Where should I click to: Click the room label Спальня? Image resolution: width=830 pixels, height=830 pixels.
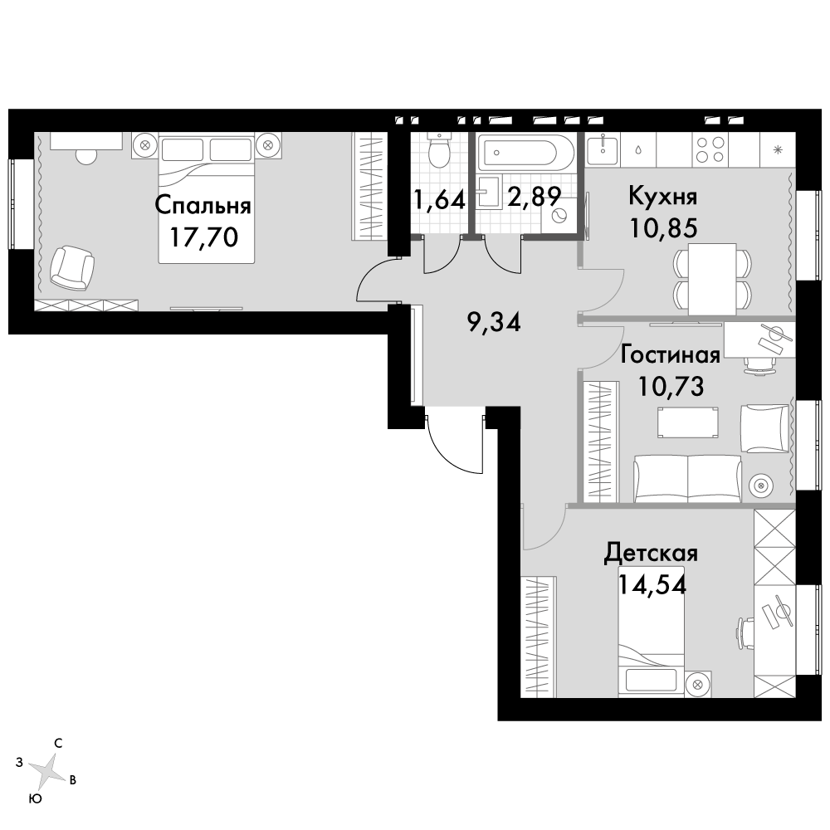(203, 205)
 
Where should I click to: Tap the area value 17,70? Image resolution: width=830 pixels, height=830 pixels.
(204, 237)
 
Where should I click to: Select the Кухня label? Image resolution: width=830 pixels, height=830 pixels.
(662, 197)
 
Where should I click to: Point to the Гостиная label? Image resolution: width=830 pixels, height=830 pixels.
(670, 354)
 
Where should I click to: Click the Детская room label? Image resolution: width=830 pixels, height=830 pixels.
(651, 554)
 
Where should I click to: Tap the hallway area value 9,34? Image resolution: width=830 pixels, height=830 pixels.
(495, 322)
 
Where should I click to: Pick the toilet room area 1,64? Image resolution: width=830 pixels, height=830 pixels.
(440, 200)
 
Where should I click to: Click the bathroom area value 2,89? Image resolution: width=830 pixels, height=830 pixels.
(534, 197)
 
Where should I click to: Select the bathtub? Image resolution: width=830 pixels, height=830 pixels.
(524, 152)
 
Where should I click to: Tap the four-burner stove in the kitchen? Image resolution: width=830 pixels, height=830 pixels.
(710, 149)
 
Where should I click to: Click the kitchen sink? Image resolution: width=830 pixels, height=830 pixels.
(603, 149)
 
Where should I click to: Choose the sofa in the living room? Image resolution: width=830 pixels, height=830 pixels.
(687, 478)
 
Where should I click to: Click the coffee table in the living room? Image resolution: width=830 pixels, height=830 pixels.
(687, 422)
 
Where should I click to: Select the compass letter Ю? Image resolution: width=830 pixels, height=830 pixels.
(36, 798)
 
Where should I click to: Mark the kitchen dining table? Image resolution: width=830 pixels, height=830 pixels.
(712, 279)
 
